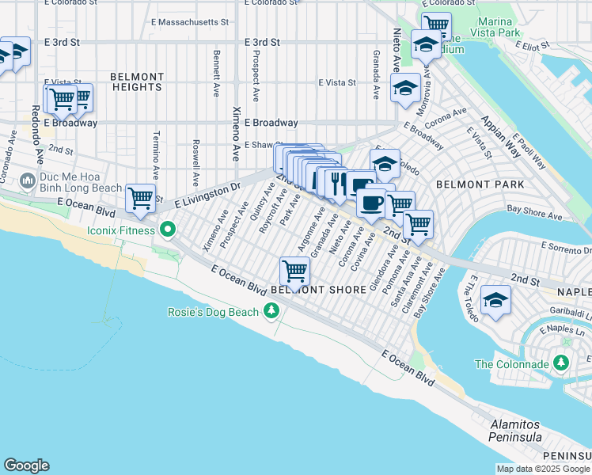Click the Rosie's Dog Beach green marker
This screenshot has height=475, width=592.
pyautogui.click(x=271, y=312)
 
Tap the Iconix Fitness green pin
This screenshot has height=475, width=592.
pyautogui.click(x=168, y=230)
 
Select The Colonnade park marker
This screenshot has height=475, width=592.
pyautogui.click(x=562, y=363)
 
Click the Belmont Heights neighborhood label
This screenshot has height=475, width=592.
pyautogui.click(x=137, y=82)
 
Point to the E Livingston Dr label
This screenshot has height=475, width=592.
pyautogui.click(x=207, y=196)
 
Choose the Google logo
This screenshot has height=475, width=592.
pyautogui.click(x=26, y=465)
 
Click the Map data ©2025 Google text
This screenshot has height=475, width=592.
pyautogui.click(x=542, y=469)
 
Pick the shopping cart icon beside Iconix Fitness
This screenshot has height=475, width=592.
pyautogui.click(x=140, y=198)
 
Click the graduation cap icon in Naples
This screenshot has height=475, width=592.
pyautogui.click(x=495, y=301)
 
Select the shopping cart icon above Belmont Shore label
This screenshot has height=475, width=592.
pyautogui.click(x=294, y=272)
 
